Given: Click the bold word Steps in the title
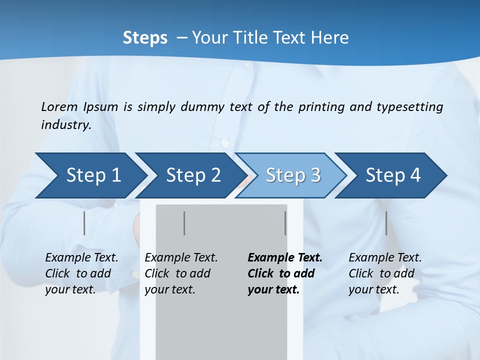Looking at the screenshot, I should (145, 37).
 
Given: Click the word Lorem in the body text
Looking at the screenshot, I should (59, 106).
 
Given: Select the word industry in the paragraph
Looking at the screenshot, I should (66, 125).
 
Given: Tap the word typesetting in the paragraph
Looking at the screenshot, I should (409, 106).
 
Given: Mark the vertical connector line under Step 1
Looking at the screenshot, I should (84, 223).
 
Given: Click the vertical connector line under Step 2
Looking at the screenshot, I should (184, 223).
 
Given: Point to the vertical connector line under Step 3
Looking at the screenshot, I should (285, 223).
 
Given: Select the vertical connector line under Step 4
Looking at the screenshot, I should (386, 223).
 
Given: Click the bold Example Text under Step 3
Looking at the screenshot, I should (285, 258).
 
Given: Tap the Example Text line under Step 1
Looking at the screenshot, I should (81, 258).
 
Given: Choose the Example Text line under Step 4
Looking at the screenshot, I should (385, 258).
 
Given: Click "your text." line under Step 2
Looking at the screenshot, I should (170, 289).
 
